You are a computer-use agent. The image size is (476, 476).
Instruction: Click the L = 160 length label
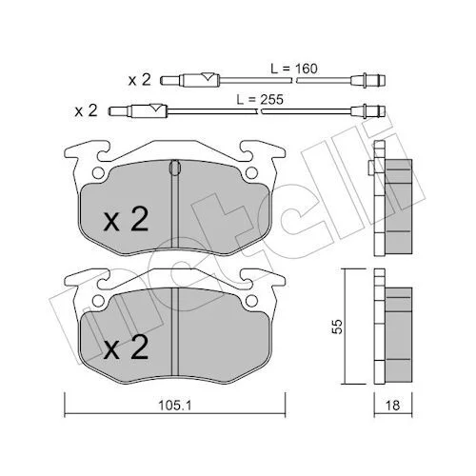click(x=293, y=69)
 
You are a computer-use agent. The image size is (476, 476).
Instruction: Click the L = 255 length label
click(x=260, y=100)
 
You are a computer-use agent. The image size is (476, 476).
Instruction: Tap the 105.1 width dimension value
click(x=175, y=406)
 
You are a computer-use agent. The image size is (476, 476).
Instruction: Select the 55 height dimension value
click(x=338, y=327)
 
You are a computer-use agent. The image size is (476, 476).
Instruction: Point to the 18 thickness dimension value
click(x=392, y=406)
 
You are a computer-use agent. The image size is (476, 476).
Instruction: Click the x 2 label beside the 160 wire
click(x=139, y=80)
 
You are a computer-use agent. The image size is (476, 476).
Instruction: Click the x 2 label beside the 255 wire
click(x=86, y=111)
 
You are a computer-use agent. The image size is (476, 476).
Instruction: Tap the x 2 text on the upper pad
click(x=126, y=219)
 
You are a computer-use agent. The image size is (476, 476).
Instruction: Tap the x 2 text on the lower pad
click(x=126, y=347)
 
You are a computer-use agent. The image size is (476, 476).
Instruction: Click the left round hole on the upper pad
click(x=98, y=173)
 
